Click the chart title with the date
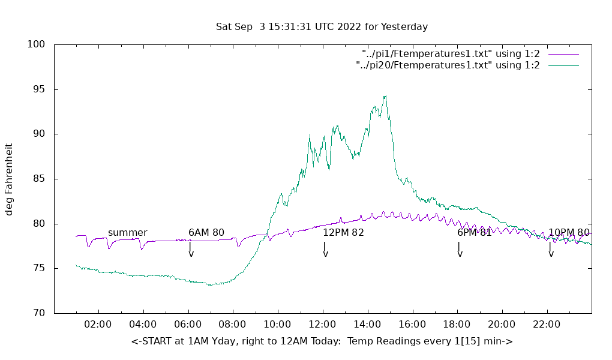pos(322,27)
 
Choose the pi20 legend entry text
pos(448,65)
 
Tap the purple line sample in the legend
pos(562,54)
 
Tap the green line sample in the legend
pos(562,65)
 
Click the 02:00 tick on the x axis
pos(98,324)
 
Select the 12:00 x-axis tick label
pos(322,324)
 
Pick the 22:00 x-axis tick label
pos(547,324)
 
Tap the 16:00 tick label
pos(412,324)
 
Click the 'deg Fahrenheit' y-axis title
pos(10,179)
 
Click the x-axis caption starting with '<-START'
pos(322,341)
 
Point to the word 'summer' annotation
pos(127,233)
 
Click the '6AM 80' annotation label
pos(206,233)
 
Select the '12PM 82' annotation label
pos(343,233)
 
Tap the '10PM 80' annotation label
pos(569,233)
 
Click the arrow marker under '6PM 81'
pos(460,250)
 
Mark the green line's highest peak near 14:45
pos(385,96)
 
